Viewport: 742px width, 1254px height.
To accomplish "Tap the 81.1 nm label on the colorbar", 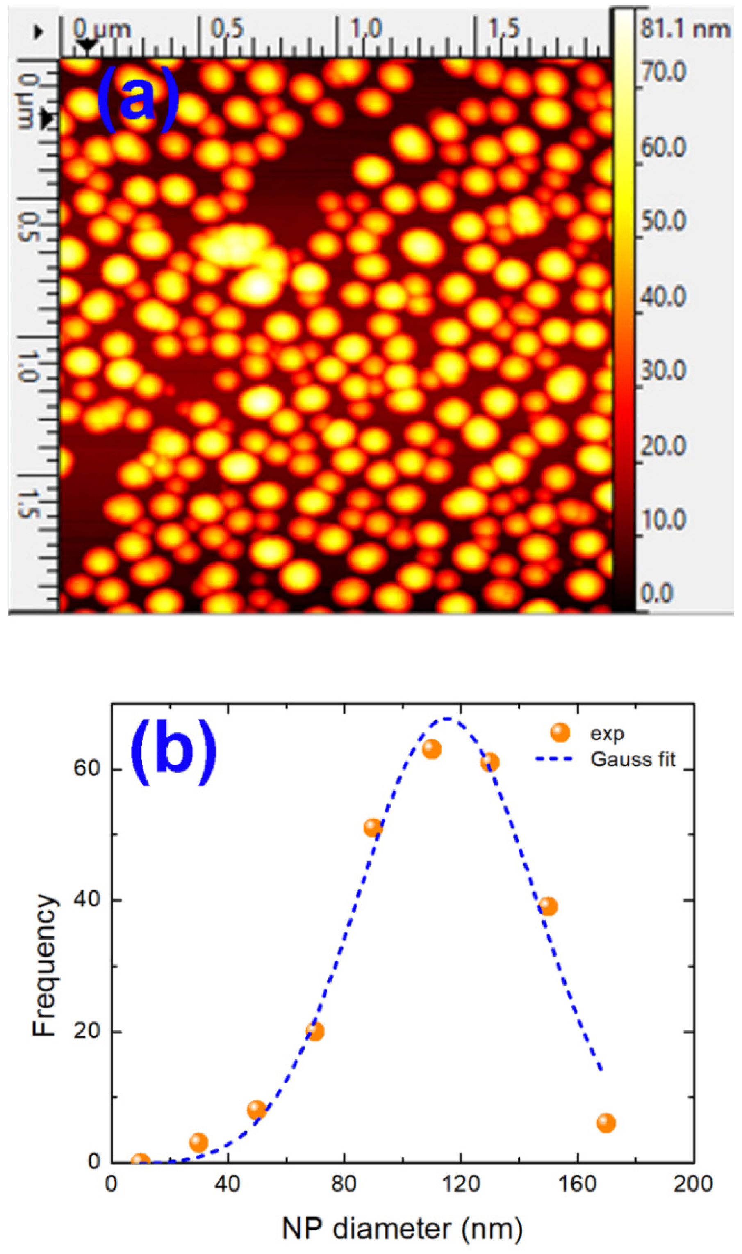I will point(685,30).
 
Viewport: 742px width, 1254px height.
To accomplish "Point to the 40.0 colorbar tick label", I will point(663,297).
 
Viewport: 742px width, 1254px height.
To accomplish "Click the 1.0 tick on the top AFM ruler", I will point(365,29).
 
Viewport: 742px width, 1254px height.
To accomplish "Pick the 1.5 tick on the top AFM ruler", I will point(503,29).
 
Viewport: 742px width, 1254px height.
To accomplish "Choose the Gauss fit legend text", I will point(633,759).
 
